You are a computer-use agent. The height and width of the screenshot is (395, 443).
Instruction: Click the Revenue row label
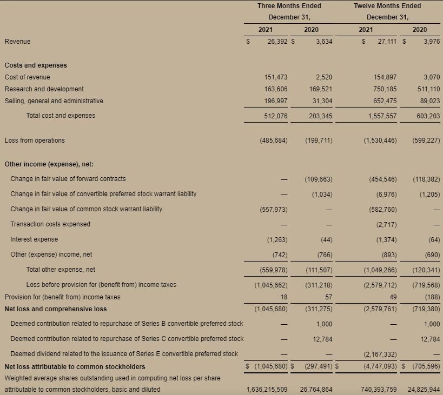tap(18, 42)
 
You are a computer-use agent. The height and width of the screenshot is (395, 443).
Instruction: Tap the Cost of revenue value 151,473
tap(273, 77)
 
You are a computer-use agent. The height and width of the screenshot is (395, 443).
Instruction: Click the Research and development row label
tap(44, 89)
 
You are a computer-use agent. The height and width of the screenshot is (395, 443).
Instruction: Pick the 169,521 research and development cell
tap(319, 89)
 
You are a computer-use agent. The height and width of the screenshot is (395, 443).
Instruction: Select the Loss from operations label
tap(35, 140)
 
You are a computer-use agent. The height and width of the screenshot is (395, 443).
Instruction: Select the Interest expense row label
tap(34, 239)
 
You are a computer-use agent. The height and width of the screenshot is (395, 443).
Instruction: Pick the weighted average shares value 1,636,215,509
tap(267, 390)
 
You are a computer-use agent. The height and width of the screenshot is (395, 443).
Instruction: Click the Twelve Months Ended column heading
tap(387, 6)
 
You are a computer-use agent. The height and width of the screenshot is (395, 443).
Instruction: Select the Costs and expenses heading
tap(36, 65)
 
